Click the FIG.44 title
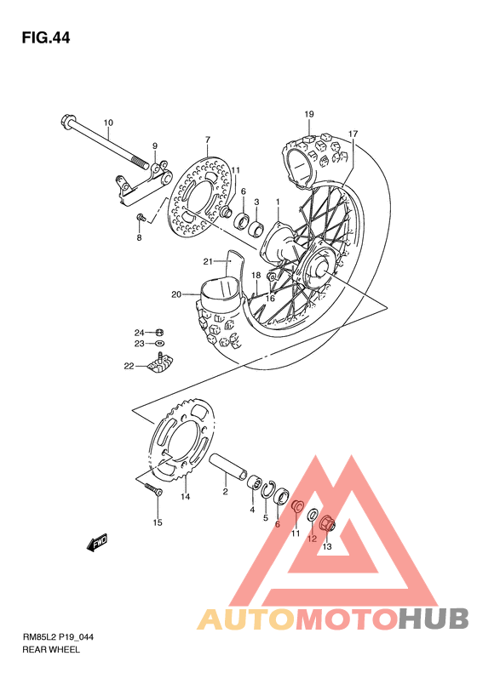pos(46,37)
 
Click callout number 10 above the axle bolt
pos(108,123)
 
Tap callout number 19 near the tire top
pos(309,114)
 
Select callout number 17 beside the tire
pos(353,134)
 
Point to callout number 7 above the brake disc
pos(206,139)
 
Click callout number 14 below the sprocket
pos(185,497)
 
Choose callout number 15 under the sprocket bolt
pos(157,522)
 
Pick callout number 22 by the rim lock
pos(129,367)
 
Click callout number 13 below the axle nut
pos(326,546)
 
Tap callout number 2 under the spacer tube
pos(225,491)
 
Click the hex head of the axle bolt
pos(66,122)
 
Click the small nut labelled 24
pos(160,331)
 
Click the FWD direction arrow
pos(97,542)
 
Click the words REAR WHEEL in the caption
pos(51,649)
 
